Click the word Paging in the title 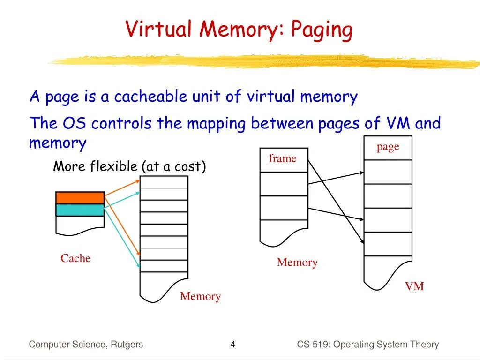[322, 30]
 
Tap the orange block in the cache [80, 198]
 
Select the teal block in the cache [80, 210]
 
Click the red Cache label [75, 258]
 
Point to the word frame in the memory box [283, 159]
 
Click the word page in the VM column [388, 147]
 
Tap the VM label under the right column [414, 286]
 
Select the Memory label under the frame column [297, 262]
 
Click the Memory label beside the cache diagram [200, 296]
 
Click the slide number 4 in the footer [232, 345]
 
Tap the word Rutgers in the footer [127, 345]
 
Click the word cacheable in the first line [151, 97]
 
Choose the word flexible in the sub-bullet [113, 166]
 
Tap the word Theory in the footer [425, 345]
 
